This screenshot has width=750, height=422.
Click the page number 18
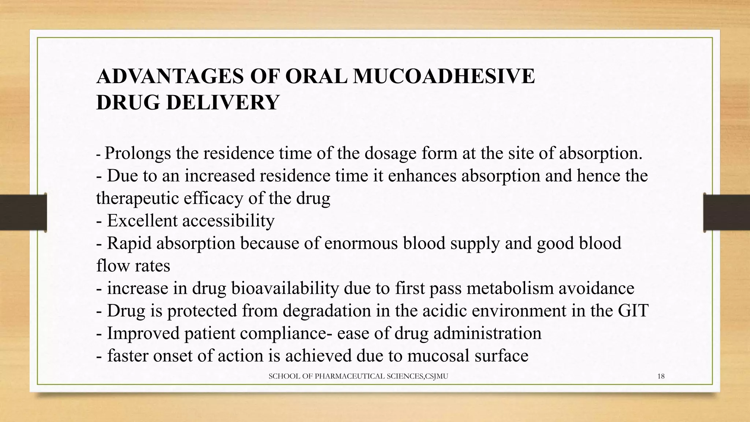[x=661, y=376]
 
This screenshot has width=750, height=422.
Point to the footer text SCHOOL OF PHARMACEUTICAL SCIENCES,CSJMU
[x=358, y=376]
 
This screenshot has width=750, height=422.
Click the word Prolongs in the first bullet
[x=138, y=153]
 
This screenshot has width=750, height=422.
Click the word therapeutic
[x=137, y=199]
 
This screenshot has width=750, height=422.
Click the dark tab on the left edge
[x=23, y=212]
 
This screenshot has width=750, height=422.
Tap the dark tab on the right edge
[x=727, y=212]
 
